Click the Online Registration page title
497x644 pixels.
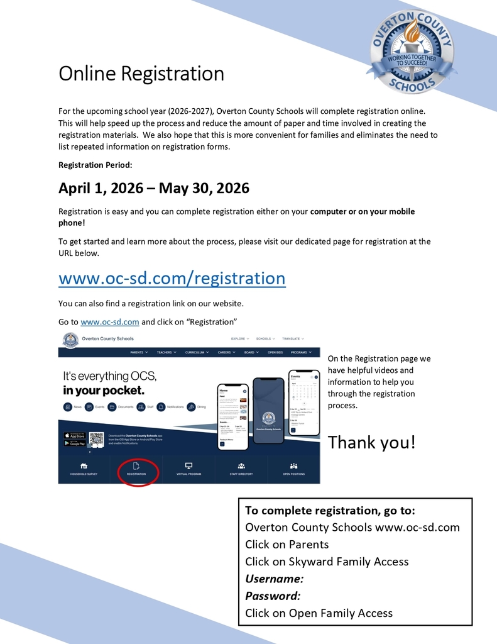(x=141, y=74)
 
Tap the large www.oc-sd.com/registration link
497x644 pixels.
(x=172, y=277)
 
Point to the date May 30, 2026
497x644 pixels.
(x=204, y=188)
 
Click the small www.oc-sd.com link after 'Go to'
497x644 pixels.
(x=109, y=321)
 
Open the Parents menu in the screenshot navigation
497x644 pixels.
(x=139, y=352)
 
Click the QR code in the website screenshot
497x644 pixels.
(x=96, y=439)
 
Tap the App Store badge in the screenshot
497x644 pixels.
(x=75, y=435)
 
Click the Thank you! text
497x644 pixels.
(x=371, y=442)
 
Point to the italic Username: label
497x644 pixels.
(x=274, y=579)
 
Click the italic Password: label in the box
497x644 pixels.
(x=273, y=596)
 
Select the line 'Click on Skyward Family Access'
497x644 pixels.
(x=327, y=562)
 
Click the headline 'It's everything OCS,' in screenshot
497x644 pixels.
(x=109, y=376)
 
